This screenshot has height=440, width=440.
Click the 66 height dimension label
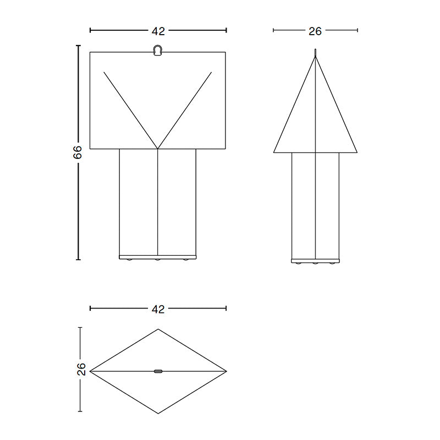[78, 152]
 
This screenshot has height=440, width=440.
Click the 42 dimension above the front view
[158, 31]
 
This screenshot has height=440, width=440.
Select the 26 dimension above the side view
[315, 31]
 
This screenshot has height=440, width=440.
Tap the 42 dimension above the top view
[158, 309]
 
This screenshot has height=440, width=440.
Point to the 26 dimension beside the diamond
[81, 369]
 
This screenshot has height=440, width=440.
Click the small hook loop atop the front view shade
[158, 50]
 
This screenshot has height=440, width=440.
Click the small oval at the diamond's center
[158, 371]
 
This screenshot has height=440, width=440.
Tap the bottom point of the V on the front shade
[158, 148]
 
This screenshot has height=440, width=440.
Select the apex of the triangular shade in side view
[315, 57]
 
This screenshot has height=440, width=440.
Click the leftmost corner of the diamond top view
[90, 371]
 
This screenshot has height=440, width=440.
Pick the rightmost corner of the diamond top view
[226, 371]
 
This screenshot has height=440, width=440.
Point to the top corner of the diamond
[158, 329]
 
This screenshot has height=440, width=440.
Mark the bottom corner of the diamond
[158, 413]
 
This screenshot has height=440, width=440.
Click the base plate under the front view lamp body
[158, 256]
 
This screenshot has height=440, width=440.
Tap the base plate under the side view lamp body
[315, 261]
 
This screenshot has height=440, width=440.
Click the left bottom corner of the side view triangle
[274, 152]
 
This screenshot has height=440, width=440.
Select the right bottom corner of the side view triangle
[357, 152]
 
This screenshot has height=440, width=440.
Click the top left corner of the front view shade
[90, 52]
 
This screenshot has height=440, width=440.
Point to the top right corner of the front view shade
[226, 52]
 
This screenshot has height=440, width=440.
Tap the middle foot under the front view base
[158, 260]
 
